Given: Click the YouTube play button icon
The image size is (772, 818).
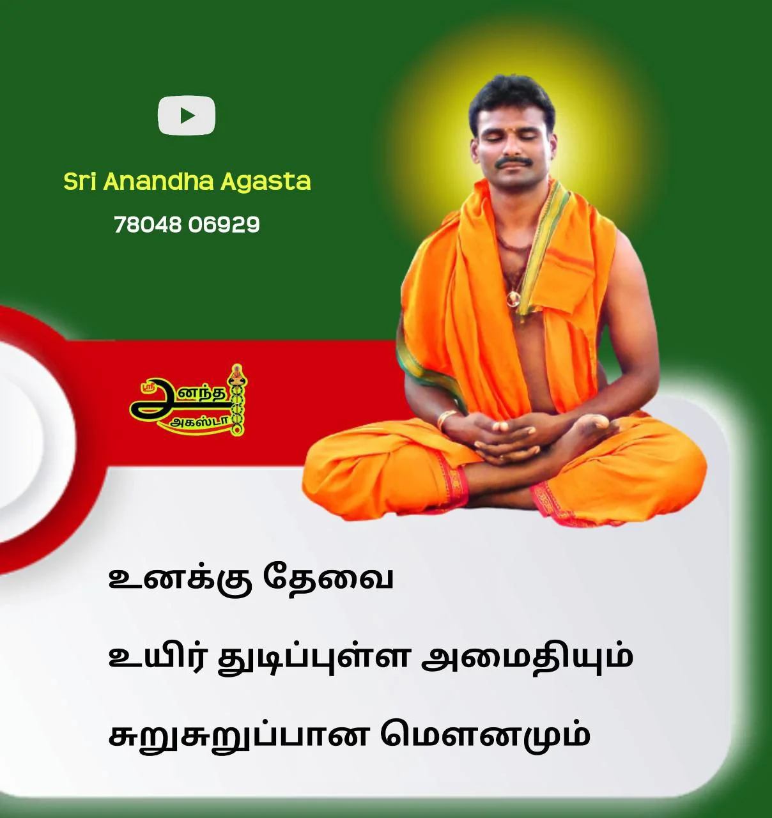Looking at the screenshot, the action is [x=187, y=115].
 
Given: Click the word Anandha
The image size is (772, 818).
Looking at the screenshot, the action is [x=158, y=181].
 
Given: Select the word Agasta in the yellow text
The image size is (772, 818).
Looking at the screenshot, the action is [x=265, y=183].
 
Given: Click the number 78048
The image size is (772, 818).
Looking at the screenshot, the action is [x=148, y=225].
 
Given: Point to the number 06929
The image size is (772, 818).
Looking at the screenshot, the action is [x=224, y=225].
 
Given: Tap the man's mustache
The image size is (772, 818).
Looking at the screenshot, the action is [x=512, y=162].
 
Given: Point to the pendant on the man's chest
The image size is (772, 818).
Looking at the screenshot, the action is [x=514, y=298].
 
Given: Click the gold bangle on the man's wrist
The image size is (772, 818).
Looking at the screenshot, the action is [x=447, y=420].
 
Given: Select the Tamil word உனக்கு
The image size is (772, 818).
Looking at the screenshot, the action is [x=180, y=581].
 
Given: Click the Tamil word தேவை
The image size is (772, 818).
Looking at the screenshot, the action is [x=327, y=580].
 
